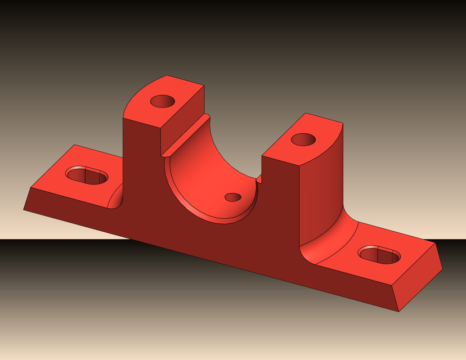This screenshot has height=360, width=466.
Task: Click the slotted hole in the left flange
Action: [87, 174]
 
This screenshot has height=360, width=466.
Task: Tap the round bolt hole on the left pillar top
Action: [163, 101]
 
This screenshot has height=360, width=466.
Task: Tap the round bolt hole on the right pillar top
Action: [303, 138]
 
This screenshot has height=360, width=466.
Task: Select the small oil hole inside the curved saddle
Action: [232, 197]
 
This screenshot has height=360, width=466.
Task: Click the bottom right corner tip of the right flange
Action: [398, 311]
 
